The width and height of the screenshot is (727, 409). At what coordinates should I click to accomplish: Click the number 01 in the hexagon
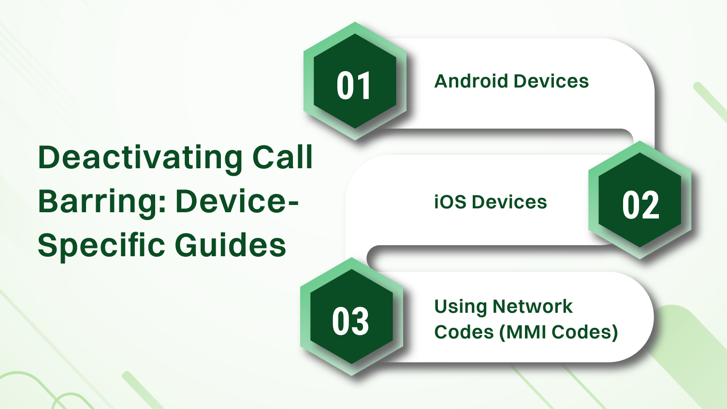354,86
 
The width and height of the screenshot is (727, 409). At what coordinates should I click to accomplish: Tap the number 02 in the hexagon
640,205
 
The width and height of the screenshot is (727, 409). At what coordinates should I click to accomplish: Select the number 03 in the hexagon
350,321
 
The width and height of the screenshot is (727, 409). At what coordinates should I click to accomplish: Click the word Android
471,81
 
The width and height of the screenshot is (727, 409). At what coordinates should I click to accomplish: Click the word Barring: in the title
102,201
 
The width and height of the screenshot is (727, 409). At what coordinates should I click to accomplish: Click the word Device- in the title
237,201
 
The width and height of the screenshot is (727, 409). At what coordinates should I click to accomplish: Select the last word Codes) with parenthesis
585,332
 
